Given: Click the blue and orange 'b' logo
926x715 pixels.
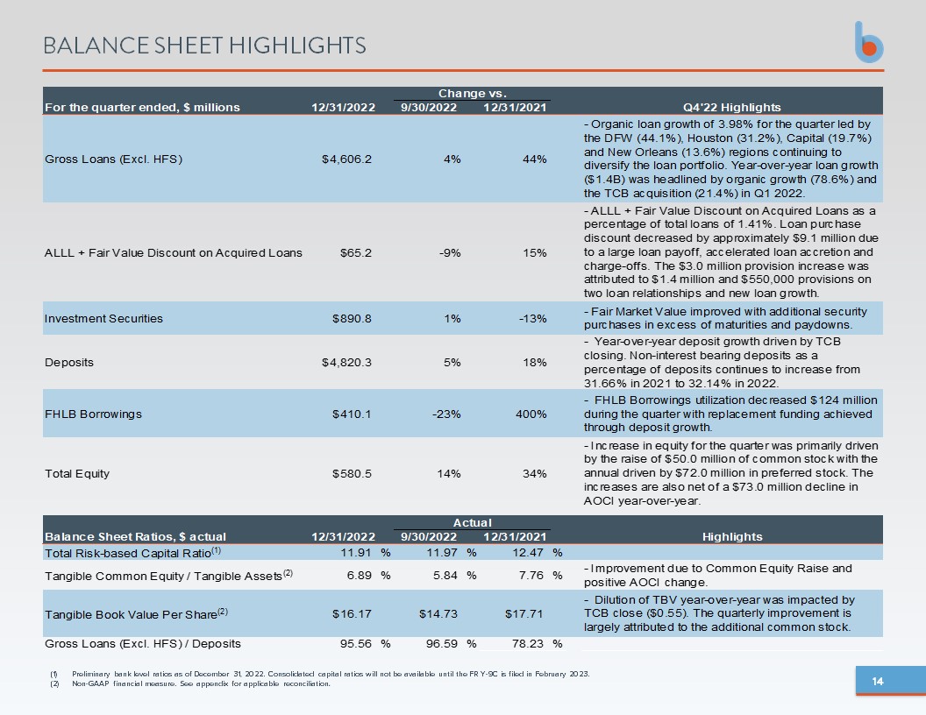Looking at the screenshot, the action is (869, 42).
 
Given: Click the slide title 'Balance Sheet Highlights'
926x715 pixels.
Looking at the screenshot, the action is (204, 46).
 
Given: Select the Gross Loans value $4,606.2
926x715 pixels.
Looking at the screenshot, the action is (346, 159).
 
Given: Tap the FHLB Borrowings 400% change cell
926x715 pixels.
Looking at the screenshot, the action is (531, 414).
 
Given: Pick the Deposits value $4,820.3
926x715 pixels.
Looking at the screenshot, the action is (346, 363).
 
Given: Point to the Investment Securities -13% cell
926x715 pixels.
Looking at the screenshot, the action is (532, 319).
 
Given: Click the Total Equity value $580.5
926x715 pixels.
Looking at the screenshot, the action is (352, 474).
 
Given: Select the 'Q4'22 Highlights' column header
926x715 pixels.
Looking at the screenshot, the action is (731, 108).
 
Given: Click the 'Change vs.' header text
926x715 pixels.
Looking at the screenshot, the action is (473, 93).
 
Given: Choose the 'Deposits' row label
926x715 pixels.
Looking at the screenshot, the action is (69, 363).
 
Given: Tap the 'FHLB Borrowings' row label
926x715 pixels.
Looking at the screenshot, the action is (93, 414).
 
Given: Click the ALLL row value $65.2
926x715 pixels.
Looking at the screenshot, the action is (356, 253).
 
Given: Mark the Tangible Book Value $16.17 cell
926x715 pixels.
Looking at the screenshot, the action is (352, 614).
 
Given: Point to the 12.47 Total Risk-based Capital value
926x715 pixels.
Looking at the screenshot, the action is (528, 553).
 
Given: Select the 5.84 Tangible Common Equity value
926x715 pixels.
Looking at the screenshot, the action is (445, 575).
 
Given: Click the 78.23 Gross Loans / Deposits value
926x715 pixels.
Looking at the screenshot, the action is (528, 644).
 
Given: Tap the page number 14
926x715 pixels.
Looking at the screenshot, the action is (878, 682).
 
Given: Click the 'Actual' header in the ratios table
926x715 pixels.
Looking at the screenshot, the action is (473, 523).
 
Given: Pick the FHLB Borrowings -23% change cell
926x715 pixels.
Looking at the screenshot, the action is (446, 414).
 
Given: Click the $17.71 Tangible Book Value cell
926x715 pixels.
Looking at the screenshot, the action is (524, 614).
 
